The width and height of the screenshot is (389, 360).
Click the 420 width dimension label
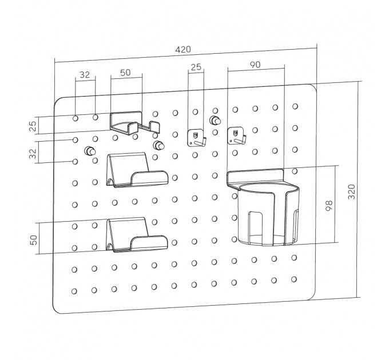coord(183,50)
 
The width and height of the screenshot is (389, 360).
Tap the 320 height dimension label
coord(352,191)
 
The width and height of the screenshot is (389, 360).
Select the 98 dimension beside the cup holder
coord(329,205)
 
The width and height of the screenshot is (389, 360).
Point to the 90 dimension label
coord(255,65)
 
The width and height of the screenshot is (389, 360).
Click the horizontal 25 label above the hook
coord(196,67)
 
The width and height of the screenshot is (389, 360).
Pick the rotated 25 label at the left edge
coord(33,126)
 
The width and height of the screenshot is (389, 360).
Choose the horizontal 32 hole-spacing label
coord(85,75)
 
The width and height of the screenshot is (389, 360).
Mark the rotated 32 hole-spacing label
coord(33,153)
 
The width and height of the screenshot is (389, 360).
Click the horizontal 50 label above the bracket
coord(125,73)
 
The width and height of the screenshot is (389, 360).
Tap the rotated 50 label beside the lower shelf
coord(34,240)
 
